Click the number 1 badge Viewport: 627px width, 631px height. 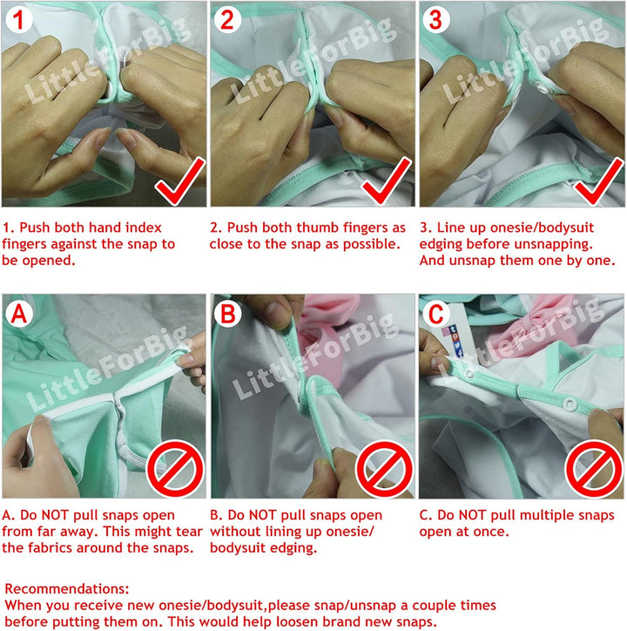(19, 19)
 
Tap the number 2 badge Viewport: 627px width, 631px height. (227, 19)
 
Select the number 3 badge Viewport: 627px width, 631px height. (436, 19)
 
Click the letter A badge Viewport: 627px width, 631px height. (19, 313)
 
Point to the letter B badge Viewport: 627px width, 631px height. (227, 313)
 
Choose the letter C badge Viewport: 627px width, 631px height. (436, 313)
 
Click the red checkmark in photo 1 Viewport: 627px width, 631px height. (180, 180)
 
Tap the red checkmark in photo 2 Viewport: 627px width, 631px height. (387, 180)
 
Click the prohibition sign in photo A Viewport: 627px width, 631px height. (175, 469)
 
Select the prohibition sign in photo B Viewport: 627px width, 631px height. (385, 469)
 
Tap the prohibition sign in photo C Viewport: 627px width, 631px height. (594, 469)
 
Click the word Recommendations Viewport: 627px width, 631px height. (67, 589)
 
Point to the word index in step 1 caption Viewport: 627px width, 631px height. (143, 227)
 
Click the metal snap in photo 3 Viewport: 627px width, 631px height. (543, 88)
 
